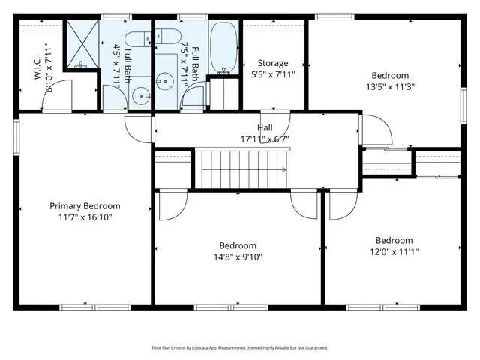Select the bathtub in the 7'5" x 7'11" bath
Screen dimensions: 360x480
click(x=223, y=47)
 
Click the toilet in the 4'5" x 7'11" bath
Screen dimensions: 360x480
click(x=138, y=40)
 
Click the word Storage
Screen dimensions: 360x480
click(x=273, y=63)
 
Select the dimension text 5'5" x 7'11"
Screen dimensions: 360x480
click(x=273, y=74)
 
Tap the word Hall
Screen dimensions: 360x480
click(x=265, y=128)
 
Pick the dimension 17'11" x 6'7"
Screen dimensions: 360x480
click(x=265, y=139)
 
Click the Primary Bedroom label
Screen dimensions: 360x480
click(x=85, y=205)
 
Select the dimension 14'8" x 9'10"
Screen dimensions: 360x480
click(x=238, y=256)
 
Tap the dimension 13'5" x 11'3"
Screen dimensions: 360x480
click(x=390, y=86)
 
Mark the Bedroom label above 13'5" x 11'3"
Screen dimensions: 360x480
click(x=390, y=75)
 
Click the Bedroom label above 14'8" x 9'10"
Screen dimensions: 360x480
click(x=238, y=245)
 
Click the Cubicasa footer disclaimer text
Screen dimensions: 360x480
click(x=240, y=348)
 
